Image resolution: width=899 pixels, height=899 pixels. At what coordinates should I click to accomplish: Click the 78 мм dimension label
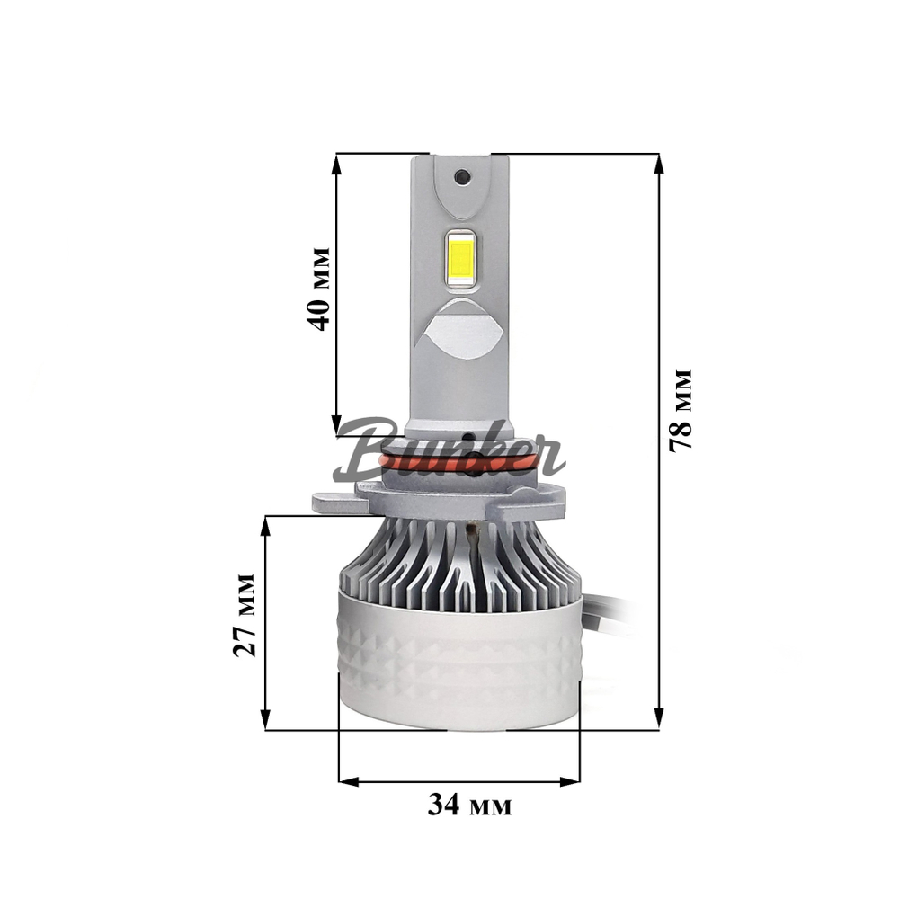[x=681, y=409]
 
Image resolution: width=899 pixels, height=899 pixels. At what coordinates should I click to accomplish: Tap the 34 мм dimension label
[x=468, y=806]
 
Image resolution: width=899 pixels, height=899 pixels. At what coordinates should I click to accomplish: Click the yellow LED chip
[x=460, y=257]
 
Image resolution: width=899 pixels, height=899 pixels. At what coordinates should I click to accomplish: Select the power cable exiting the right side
[x=611, y=610]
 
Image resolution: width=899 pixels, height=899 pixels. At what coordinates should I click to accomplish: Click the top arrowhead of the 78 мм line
[x=659, y=162]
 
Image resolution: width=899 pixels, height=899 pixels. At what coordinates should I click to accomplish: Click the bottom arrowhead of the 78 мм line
[x=659, y=719]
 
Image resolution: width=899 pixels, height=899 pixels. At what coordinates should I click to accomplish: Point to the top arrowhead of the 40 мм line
[x=336, y=162]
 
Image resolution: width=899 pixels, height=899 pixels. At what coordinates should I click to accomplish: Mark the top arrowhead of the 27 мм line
[x=266, y=525]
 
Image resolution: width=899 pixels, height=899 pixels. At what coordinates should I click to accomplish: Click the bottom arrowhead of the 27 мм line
[x=266, y=720]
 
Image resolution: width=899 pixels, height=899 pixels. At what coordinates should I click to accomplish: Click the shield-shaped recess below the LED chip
[x=460, y=329]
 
